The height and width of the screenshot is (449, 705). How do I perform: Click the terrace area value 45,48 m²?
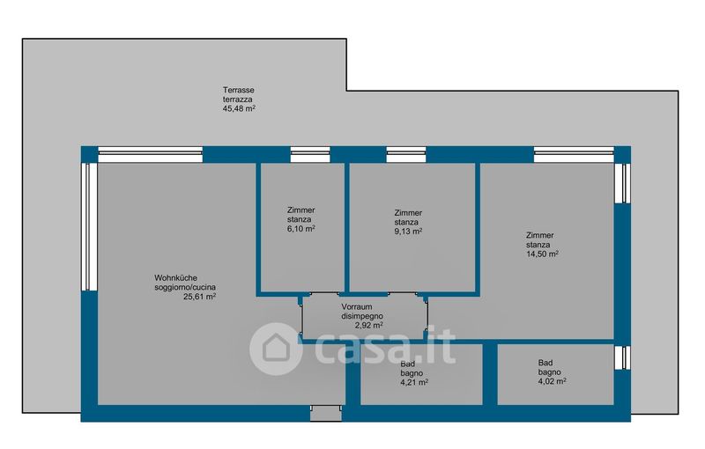click(x=239, y=110)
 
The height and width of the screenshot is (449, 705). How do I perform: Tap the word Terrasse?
click(x=238, y=91)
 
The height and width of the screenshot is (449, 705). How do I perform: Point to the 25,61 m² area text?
click(x=198, y=298)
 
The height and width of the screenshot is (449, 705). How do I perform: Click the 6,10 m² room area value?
click(x=301, y=229)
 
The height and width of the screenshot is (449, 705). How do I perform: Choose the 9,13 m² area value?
click(x=407, y=232)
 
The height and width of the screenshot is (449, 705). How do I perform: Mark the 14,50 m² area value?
click(x=542, y=254)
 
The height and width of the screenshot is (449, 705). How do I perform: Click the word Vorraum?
click(x=360, y=306)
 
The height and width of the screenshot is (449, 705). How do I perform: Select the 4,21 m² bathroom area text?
click(x=414, y=383)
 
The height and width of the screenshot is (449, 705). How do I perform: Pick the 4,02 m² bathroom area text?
click(x=552, y=381)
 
